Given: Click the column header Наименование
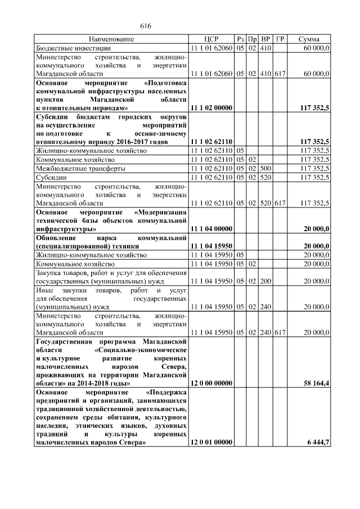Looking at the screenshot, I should pyautogui.click(x=111, y=39).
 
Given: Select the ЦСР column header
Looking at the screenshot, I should pyautogui.click(x=211, y=39).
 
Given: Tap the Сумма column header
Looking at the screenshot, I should pyautogui.click(x=309, y=39).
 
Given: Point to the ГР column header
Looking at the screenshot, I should pyautogui.click(x=280, y=39).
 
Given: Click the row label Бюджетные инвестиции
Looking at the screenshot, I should pyautogui.click(x=66, y=49).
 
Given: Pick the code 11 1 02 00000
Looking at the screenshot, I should pyautogui.click(x=211, y=107).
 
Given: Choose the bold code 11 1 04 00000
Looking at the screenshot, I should pyautogui.click(x=211, y=229).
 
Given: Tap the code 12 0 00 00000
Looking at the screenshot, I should pyautogui.click(x=211, y=383).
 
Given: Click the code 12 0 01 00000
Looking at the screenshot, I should pyautogui.click(x=211, y=443).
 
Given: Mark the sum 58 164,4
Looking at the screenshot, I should pyautogui.click(x=315, y=383).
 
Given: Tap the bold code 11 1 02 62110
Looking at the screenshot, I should pyautogui.click(x=211, y=142).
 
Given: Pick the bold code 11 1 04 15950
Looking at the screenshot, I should pyautogui.click(x=211, y=246).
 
